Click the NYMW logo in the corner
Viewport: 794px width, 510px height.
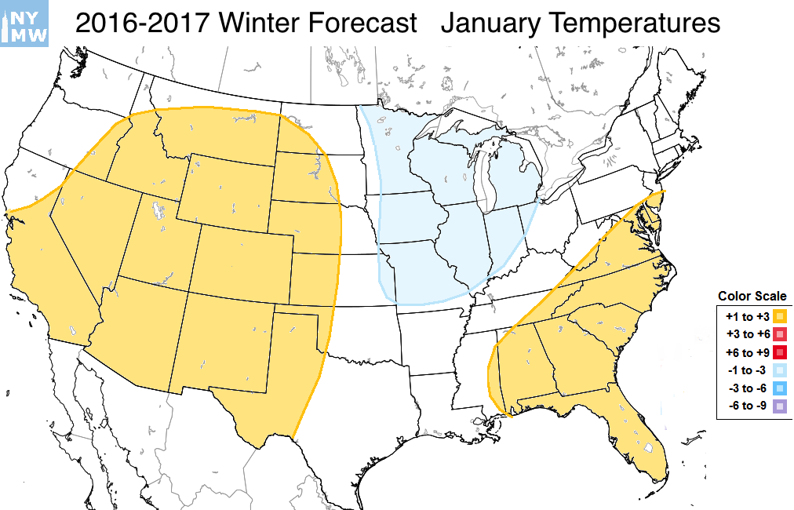point(24,24)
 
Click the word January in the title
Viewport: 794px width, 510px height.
point(488,24)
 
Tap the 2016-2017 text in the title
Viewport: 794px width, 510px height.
point(144,24)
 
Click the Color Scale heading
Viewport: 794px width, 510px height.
point(752,296)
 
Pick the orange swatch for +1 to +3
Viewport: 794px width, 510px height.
point(780,316)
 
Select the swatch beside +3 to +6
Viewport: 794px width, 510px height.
point(780,334)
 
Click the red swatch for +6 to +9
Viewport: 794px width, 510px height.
point(780,352)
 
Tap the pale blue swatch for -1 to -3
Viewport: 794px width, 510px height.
point(780,370)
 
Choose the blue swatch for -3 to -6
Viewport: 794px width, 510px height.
point(780,388)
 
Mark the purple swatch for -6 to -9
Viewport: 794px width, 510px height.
point(780,406)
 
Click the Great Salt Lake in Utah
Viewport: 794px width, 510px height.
point(160,210)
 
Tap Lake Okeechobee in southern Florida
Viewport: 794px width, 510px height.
point(649,448)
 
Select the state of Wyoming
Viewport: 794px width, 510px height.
point(225,188)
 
